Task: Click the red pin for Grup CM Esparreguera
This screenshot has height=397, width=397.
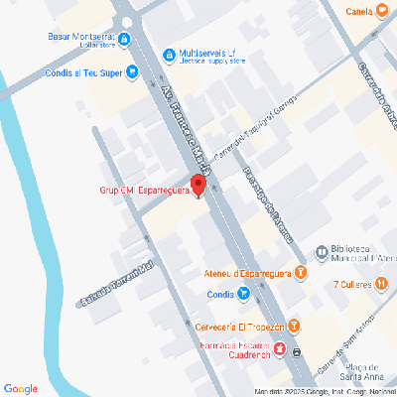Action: coord(198,185)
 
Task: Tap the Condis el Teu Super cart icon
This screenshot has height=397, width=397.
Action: coord(132,71)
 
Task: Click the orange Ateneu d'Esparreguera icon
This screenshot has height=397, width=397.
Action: coord(301,272)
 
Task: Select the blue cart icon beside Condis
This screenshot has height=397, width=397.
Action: coord(244,294)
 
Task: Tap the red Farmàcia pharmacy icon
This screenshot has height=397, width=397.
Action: coord(279,348)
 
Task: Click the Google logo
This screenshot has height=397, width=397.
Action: coord(20,388)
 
